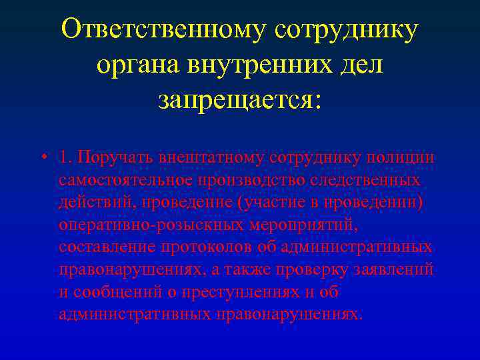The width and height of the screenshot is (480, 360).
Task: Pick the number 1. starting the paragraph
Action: [65, 157]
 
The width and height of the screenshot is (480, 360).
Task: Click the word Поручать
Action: [114, 157]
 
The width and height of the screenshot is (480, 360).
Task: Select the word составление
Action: [106, 247]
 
